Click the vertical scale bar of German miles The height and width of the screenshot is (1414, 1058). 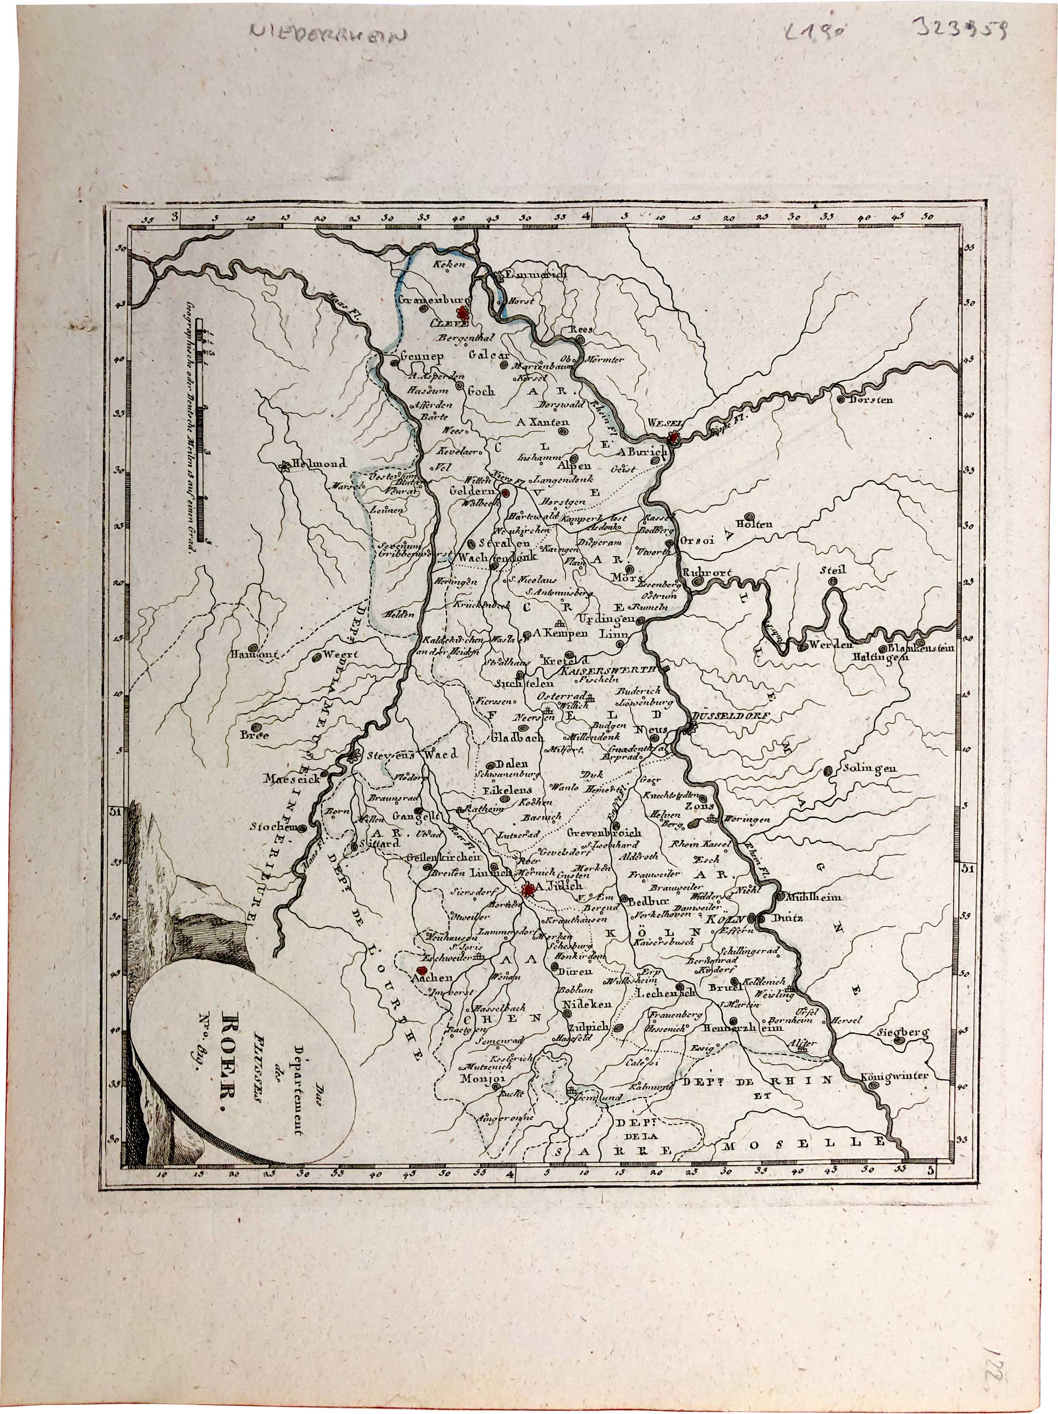point(203,435)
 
